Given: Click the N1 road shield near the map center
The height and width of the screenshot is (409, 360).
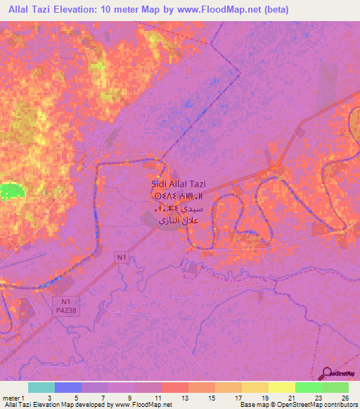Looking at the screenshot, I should click(121, 258).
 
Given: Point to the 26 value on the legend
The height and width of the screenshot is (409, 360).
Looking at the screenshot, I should click(344, 398).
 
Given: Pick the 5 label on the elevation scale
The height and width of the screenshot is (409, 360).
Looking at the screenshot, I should click(76, 398).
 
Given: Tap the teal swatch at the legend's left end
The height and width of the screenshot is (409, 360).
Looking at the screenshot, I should click(41, 387).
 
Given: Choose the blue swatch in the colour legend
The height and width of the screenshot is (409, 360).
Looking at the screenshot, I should click(68, 387).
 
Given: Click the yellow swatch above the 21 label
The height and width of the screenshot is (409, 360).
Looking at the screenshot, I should click(281, 387).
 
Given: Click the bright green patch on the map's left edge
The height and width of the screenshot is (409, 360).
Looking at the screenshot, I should click(10, 190).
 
